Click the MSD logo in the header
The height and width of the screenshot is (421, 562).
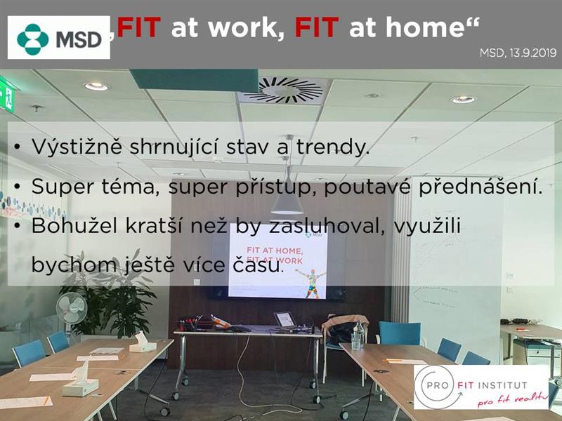(59, 38)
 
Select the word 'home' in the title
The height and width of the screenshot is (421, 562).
(407, 27)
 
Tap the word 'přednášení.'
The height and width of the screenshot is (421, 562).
(481, 187)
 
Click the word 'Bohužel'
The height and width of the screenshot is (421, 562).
(74, 225)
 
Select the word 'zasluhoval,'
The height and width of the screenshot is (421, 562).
(327, 226)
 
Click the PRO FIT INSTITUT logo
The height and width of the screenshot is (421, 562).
(481, 387)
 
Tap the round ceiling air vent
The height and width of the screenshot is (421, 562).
(289, 90)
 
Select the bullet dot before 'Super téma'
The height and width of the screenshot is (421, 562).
(17, 187)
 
